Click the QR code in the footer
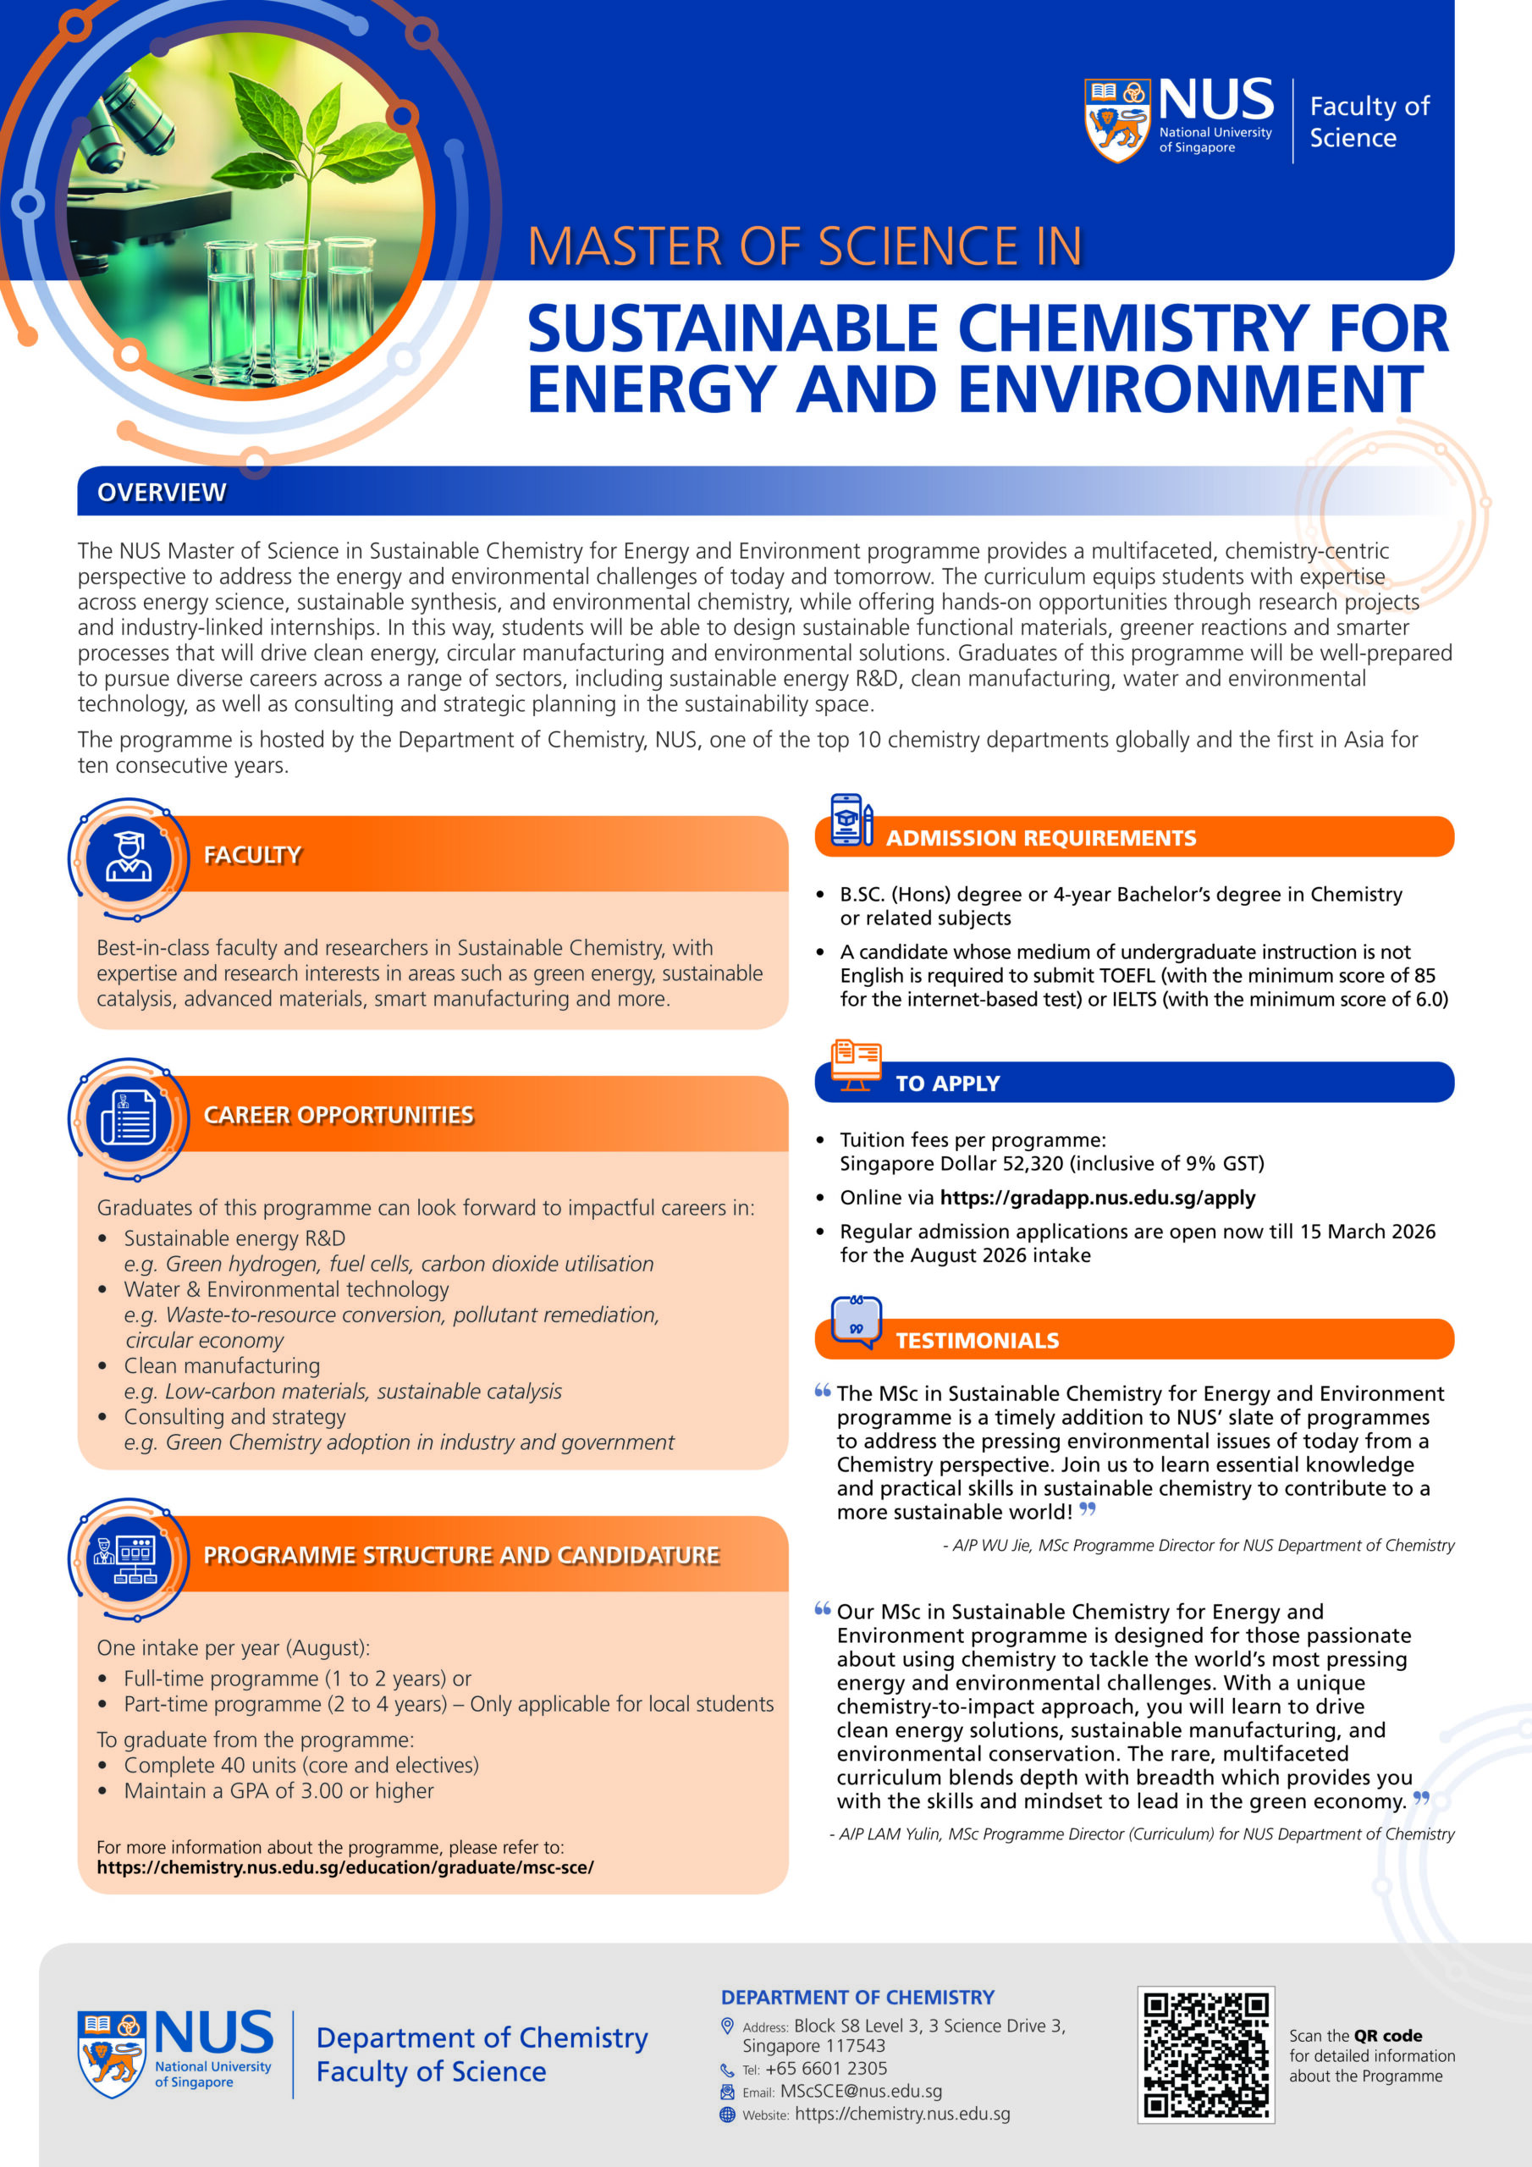pyautogui.click(x=1205, y=2054)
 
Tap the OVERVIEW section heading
pyautogui.click(x=162, y=492)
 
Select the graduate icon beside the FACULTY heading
pyautogui.click(x=129, y=857)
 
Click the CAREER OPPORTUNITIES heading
pyautogui.click(x=338, y=1115)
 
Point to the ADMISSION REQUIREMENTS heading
pyautogui.click(x=1040, y=838)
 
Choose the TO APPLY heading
pyautogui.click(x=947, y=1083)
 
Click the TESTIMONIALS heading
pyautogui.click(x=977, y=1340)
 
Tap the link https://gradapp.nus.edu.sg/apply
pyautogui.click(x=1097, y=1198)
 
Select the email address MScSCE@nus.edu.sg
pyautogui.click(x=861, y=2092)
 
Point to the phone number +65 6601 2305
pyautogui.click(x=826, y=2069)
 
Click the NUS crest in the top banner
pyautogui.click(x=1117, y=121)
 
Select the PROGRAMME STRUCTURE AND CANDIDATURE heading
pyautogui.click(x=460, y=1555)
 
